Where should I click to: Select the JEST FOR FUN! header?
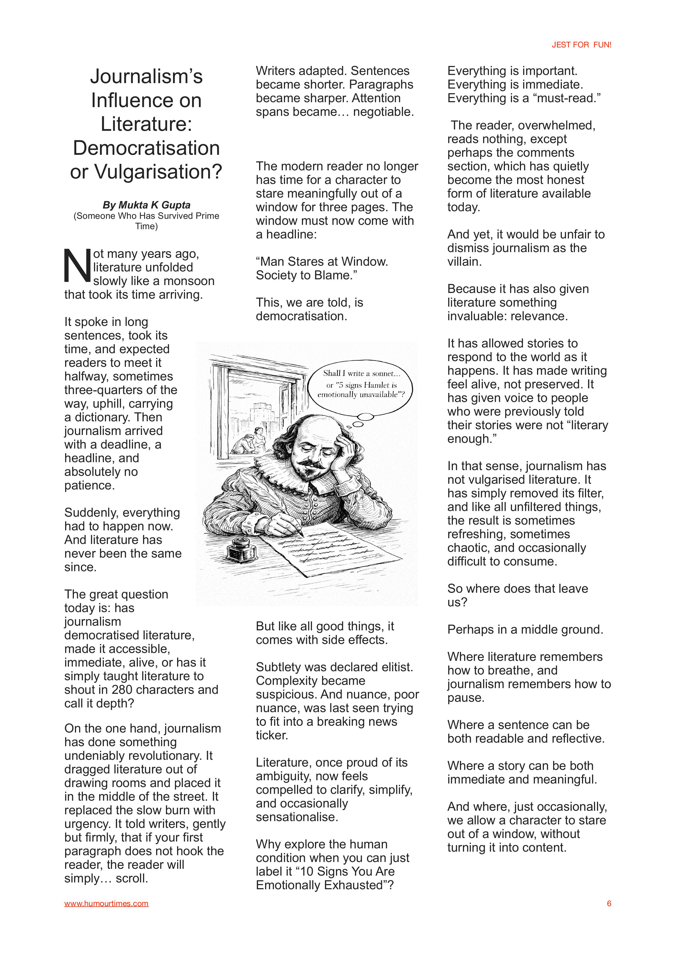tap(581, 45)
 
